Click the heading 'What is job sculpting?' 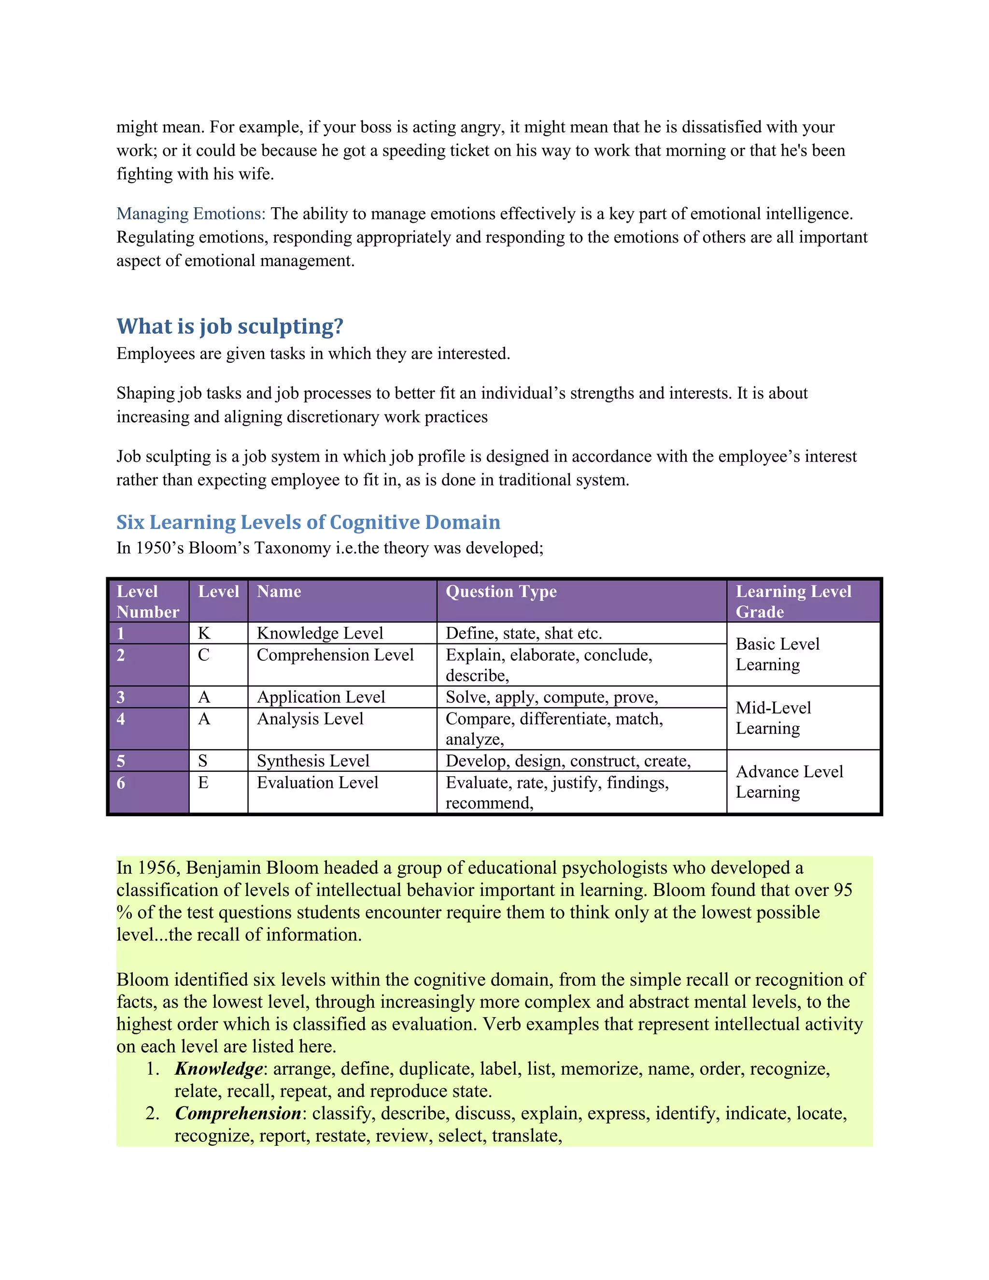click(x=230, y=327)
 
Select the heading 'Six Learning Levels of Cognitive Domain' click(x=308, y=522)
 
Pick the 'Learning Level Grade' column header click(x=793, y=601)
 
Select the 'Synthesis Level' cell click(x=313, y=761)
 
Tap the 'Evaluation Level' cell click(x=318, y=782)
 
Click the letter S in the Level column click(x=203, y=761)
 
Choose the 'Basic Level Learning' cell click(x=777, y=654)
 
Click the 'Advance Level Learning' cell click(x=789, y=782)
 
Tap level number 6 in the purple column click(x=121, y=783)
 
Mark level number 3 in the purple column click(x=121, y=697)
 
